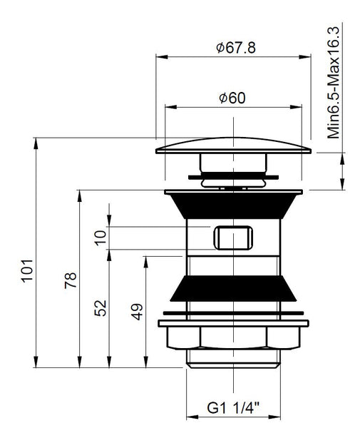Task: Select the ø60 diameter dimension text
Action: pos(232,98)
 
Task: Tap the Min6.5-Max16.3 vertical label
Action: pos(333,82)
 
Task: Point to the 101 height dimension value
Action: pos(26,280)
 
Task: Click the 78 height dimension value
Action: pos(69,280)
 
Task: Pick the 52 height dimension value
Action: pos(101,307)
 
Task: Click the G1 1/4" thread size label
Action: pos(233,407)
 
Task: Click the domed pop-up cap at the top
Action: pos(233,146)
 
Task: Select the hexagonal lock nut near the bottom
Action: pos(233,336)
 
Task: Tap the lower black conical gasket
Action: pos(233,290)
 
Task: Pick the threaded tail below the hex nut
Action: pos(233,359)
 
